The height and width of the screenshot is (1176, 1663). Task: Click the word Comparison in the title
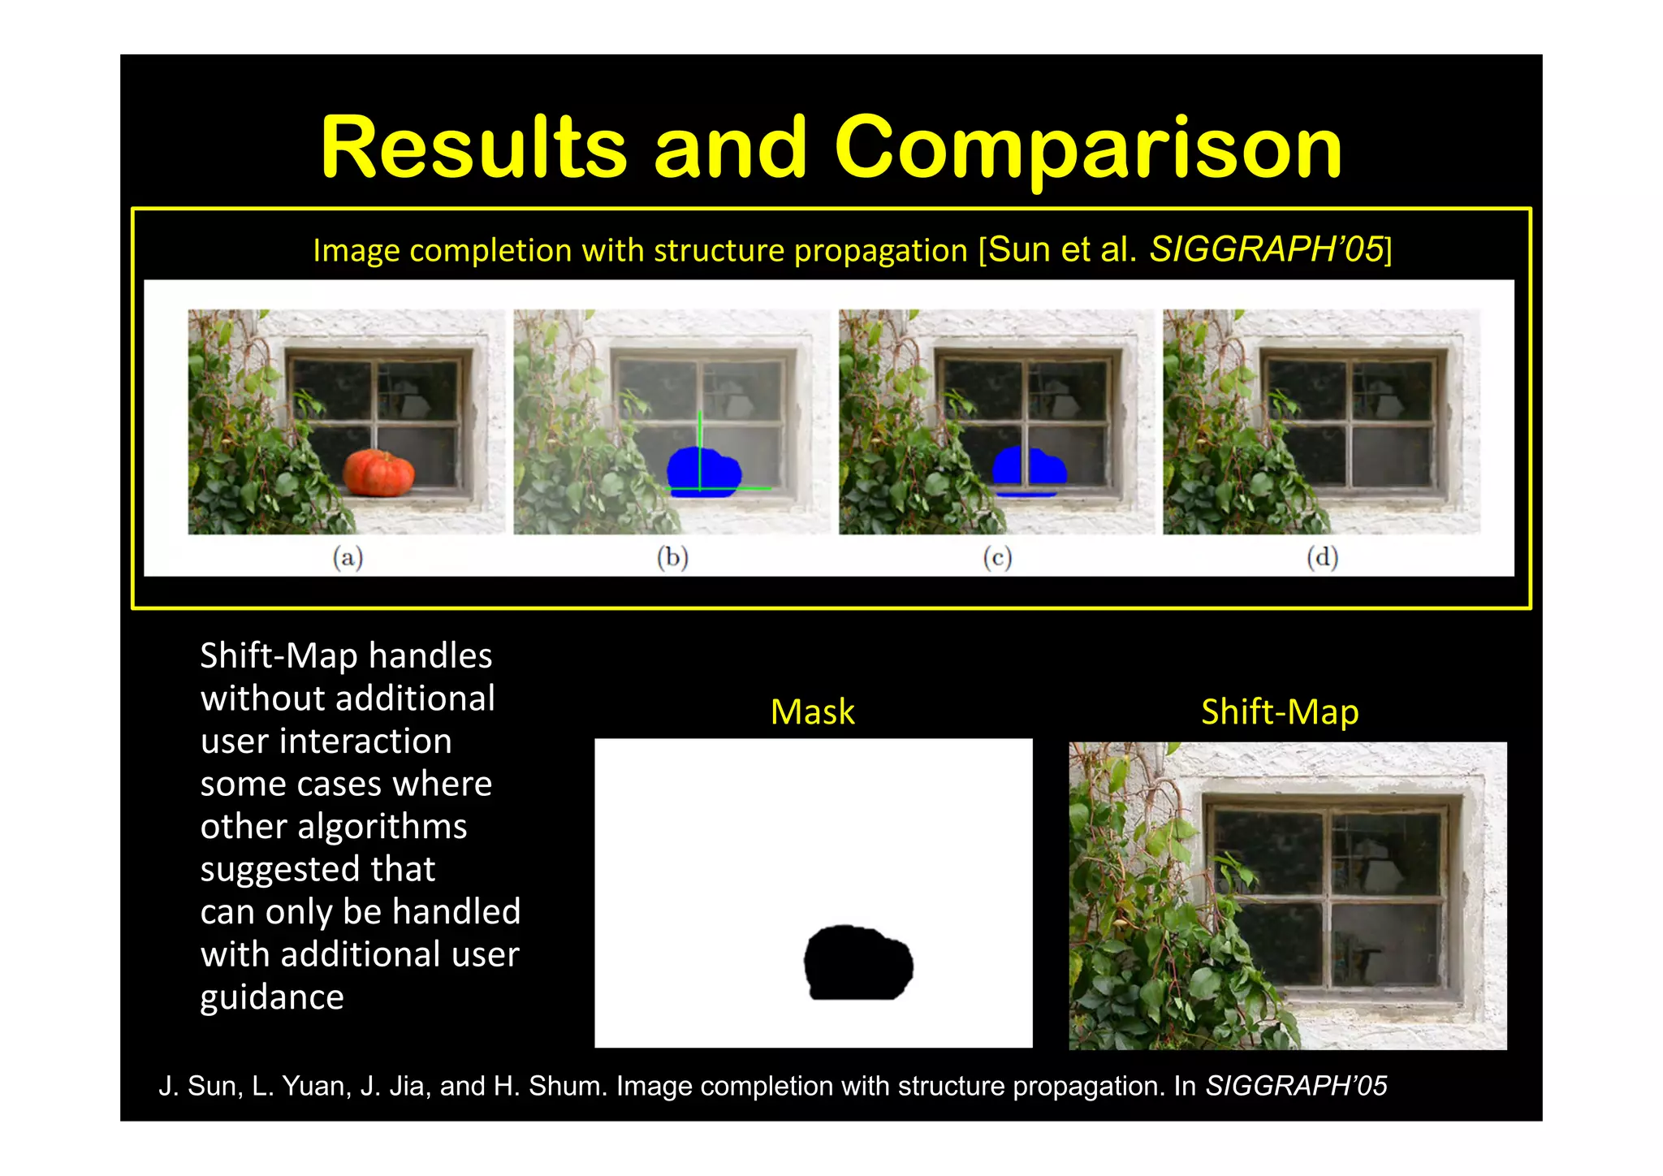[1088, 148]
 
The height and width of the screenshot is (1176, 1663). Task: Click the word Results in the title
[474, 148]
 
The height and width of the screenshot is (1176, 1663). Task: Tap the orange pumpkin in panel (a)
[378, 473]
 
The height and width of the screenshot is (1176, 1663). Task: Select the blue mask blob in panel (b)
[703, 471]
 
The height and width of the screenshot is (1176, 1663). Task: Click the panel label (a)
[348, 557]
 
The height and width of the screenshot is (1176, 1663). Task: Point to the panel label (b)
[672, 557]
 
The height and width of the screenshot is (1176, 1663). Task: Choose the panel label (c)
[997, 557]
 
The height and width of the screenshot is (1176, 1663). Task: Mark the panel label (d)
[1322, 557]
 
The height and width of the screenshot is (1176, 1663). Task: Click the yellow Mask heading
[812, 712]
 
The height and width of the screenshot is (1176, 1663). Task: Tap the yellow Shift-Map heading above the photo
[1280, 712]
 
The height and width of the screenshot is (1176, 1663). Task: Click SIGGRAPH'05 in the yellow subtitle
[1267, 249]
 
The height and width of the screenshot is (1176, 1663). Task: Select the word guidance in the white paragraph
[272, 997]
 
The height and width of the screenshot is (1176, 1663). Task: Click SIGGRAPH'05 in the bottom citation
[1296, 1086]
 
